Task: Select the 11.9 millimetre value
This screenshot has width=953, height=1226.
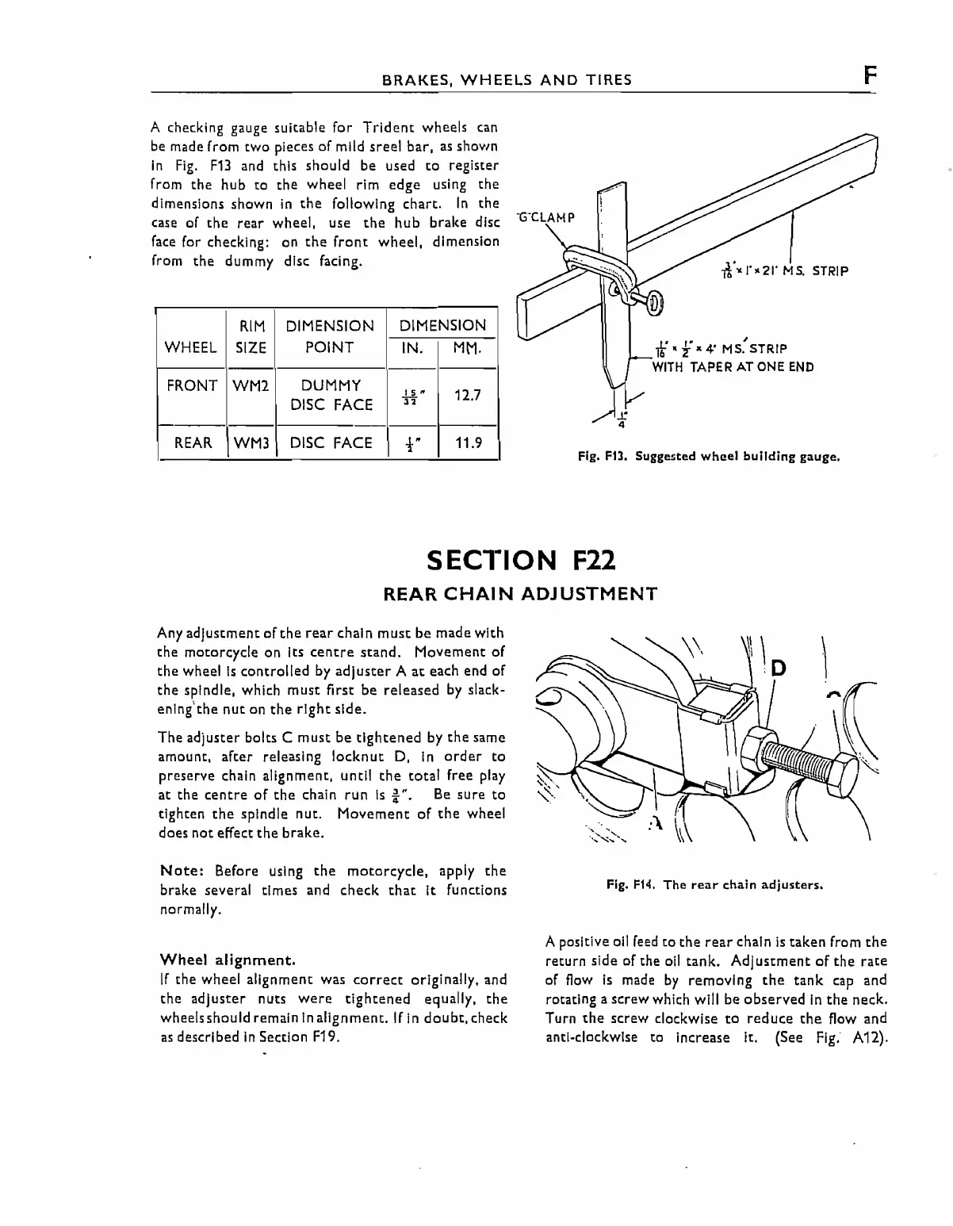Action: pyautogui.click(x=468, y=443)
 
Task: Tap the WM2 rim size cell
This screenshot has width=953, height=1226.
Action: pyautogui.click(x=251, y=386)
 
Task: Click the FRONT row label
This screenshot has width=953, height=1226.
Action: pyautogui.click(x=192, y=386)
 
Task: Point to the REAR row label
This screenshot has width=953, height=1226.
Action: pyautogui.click(x=193, y=443)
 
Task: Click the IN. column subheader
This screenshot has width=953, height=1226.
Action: pyautogui.click(x=411, y=348)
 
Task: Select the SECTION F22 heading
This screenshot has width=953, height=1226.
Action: pyautogui.click(x=521, y=560)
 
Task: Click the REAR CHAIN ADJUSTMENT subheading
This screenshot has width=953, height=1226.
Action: pyautogui.click(x=520, y=593)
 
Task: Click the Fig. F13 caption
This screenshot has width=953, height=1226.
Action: pyautogui.click(x=707, y=457)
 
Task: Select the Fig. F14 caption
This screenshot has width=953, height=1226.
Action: pyautogui.click(x=714, y=884)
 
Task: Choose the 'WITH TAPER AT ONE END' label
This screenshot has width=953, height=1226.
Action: pyautogui.click(x=733, y=367)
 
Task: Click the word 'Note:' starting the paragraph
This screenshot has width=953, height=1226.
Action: pyautogui.click(x=184, y=871)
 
